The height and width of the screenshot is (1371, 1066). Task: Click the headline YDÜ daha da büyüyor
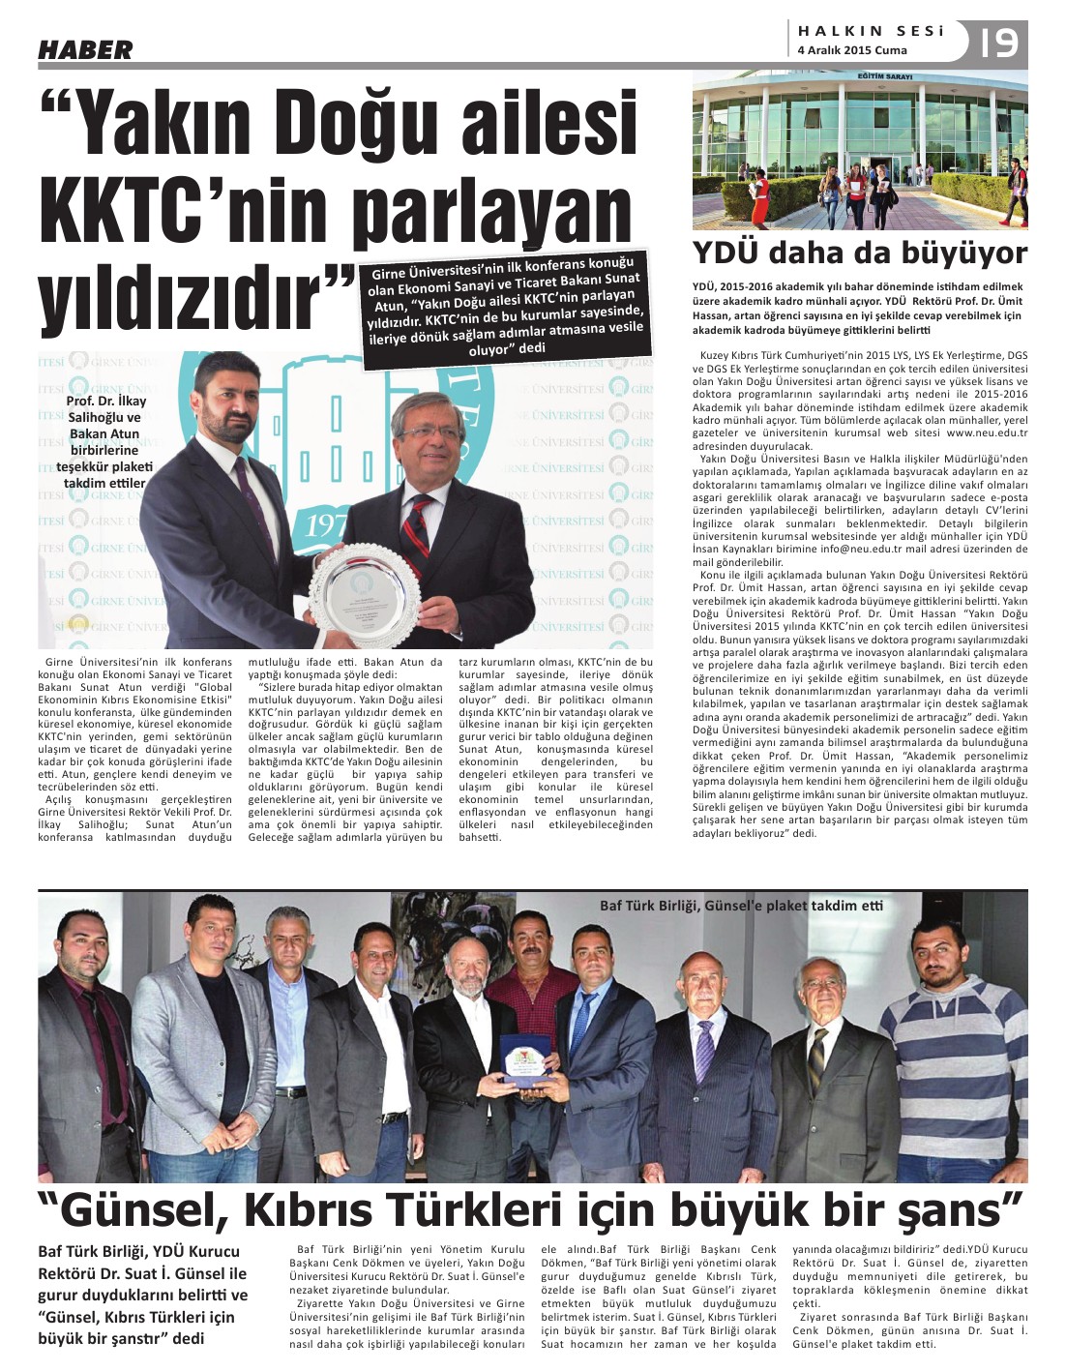point(859,253)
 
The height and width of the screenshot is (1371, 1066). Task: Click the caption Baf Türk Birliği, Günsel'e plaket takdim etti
point(741,907)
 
